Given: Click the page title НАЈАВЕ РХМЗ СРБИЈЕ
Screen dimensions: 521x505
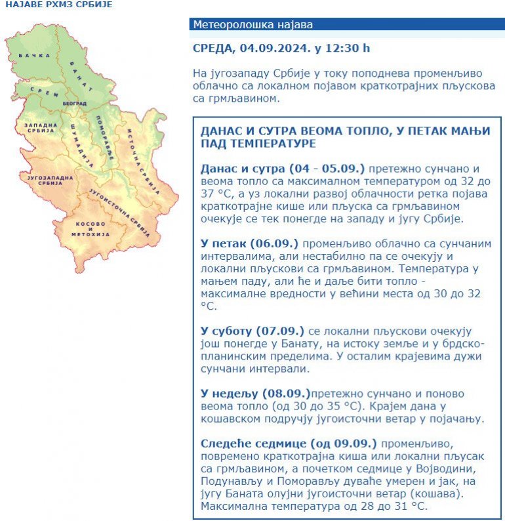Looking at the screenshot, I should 59,5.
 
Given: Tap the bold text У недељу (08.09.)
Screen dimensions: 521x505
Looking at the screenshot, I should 255,393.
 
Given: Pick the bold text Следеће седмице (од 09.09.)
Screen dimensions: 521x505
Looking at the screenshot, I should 289,443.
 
